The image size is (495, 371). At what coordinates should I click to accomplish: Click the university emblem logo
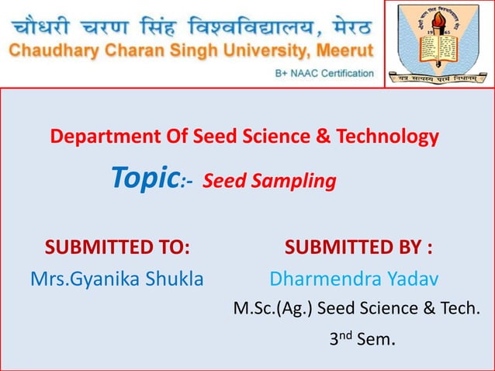click(x=439, y=43)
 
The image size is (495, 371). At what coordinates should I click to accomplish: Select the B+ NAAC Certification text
click(x=324, y=74)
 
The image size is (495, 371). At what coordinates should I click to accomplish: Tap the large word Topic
click(x=145, y=179)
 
